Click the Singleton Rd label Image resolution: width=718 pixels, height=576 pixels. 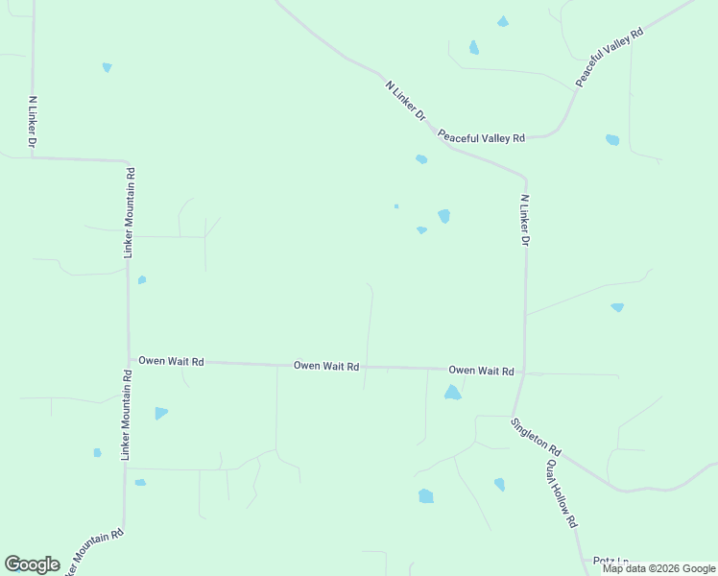click(x=536, y=437)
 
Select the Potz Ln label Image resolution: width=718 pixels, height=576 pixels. click(x=610, y=561)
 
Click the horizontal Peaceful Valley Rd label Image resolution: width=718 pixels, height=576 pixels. click(x=482, y=137)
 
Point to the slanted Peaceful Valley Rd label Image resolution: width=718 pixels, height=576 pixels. click(x=609, y=58)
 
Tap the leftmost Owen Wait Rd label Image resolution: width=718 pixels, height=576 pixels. click(x=171, y=362)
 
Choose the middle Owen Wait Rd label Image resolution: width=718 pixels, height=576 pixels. click(x=326, y=366)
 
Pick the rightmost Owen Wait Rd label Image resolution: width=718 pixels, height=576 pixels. click(x=482, y=371)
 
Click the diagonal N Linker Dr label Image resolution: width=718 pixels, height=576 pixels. click(x=405, y=100)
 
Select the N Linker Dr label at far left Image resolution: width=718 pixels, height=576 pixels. click(x=33, y=121)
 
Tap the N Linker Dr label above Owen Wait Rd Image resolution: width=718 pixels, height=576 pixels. click(x=525, y=221)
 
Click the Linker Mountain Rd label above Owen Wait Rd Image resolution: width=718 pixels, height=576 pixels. click(x=129, y=213)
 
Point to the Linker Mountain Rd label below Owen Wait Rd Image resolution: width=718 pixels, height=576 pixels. click(x=127, y=414)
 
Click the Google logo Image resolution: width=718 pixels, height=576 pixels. click(x=32, y=564)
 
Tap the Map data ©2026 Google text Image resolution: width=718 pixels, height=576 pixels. click(x=658, y=568)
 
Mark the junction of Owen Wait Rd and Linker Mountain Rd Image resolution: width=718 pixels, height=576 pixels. click(x=129, y=360)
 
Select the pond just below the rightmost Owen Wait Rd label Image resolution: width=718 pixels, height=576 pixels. click(x=452, y=393)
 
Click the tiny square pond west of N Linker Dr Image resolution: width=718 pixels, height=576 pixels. click(x=396, y=205)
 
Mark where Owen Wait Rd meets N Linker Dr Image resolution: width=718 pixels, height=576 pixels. click(x=524, y=372)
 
